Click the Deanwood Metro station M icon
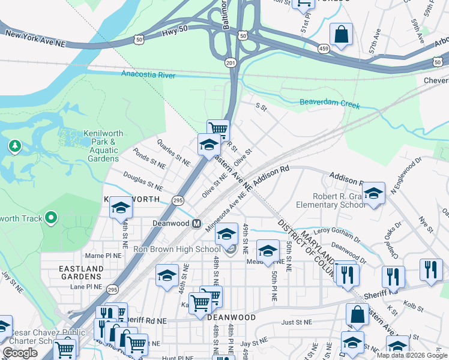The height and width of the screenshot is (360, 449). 196,224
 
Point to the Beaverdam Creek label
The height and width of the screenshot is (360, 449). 330,105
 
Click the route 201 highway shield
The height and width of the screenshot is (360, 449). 231,62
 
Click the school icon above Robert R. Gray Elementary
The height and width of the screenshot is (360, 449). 373,193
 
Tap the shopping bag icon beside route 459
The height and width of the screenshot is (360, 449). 341,34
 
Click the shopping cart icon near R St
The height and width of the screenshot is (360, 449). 218,128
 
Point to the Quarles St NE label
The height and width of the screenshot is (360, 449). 173,152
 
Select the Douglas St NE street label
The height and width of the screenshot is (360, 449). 143,182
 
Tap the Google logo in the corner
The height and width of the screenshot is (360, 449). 20,353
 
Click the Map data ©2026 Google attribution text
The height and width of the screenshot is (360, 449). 411,355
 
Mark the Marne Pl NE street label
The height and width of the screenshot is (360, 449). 104,255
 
